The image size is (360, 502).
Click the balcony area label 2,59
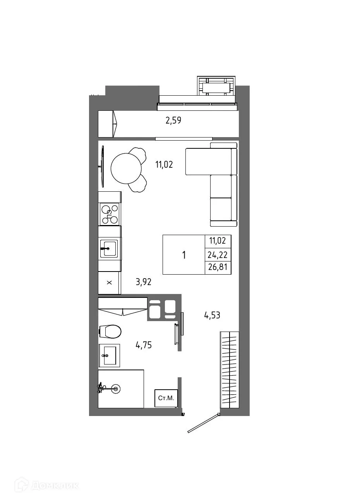coord(173,120)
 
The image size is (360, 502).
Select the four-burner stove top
coord(109,214)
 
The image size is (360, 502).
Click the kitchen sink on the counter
coord(108,248)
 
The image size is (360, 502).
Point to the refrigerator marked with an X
coord(109,283)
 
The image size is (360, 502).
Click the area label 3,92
coord(143,282)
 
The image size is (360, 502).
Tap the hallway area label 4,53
coord(212,315)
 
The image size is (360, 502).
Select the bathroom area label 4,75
coord(143,345)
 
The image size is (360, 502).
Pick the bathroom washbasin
coord(109,355)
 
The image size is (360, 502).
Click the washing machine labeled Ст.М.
coord(166,398)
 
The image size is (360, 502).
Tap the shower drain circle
coord(115,389)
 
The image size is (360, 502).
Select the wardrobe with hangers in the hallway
coord(229,370)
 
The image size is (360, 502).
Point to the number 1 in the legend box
coord(184,255)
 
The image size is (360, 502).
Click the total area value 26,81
coord(218,268)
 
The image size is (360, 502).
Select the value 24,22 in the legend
coord(218,255)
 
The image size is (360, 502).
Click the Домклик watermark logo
coord(47,485)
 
